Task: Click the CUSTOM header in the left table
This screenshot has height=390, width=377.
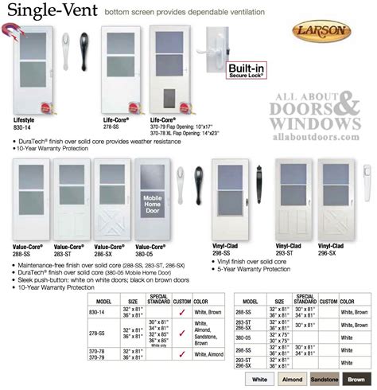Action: click(182, 302)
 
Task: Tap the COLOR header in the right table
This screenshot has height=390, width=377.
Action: click(347, 302)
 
